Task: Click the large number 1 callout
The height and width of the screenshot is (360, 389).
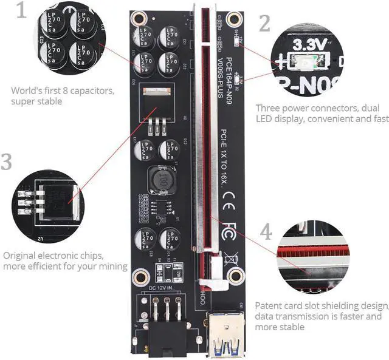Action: point(22,12)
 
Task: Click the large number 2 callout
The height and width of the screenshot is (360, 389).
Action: point(264,22)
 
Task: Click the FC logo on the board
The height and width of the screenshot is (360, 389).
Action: point(229,233)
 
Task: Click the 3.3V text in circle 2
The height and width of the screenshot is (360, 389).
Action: point(311,44)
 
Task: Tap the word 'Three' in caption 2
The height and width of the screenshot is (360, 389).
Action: point(269,107)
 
